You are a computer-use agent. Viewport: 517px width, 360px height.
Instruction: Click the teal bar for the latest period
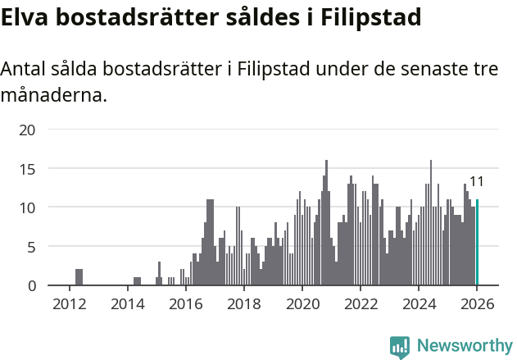[477, 243]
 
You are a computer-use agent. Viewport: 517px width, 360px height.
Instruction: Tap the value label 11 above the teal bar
[477, 182]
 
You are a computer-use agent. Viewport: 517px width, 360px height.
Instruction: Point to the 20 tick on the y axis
[28, 130]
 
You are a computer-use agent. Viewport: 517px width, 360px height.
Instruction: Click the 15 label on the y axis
[28, 169]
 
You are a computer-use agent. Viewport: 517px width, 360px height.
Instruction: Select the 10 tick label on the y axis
[28, 207]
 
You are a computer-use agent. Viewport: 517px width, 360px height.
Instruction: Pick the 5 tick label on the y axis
[32, 247]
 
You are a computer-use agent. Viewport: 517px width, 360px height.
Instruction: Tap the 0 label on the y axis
[32, 285]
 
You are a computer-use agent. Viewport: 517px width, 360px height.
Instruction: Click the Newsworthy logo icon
[400, 347]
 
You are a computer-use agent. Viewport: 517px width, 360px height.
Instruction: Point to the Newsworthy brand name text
[465, 347]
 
